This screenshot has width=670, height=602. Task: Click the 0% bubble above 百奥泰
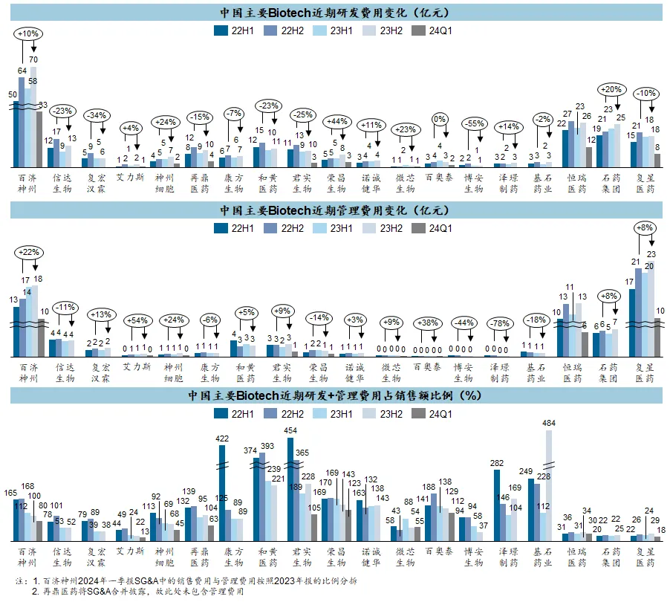440,118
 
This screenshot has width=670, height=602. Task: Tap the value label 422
221,438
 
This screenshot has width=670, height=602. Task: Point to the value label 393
267,446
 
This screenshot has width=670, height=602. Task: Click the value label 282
498,462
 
